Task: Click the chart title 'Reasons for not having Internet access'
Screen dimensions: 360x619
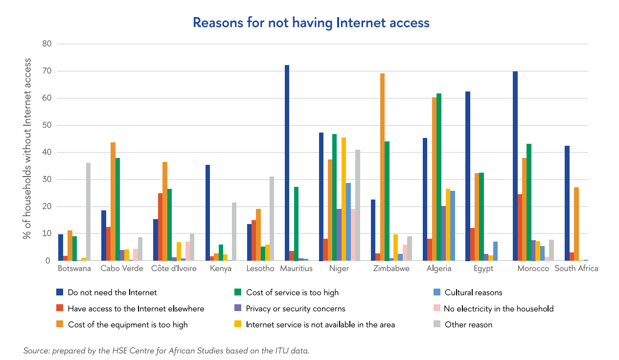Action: click(x=311, y=22)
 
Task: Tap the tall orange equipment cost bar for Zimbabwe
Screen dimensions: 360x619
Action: click(x=382, y=167)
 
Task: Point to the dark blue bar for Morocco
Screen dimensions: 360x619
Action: click(x=515, y=166)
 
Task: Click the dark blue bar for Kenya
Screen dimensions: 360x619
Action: click(x=207, y=213)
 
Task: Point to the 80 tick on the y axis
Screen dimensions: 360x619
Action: click(x=47, y=44)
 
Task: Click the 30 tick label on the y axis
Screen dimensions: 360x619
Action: click(x=47, y=180)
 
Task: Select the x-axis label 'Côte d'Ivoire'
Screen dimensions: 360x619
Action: click(x=174, y=269)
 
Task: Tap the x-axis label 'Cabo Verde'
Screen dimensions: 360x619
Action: click(x=122, y=269)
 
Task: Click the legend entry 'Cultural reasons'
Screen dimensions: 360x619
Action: click(x=473, y=292)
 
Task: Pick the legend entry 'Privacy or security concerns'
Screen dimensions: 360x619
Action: click(x=295, y=309)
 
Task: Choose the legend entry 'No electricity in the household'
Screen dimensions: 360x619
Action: click(x=498, y=309)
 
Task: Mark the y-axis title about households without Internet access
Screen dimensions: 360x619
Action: click(x=28, y=149)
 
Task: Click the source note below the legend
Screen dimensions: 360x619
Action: click(x=166, y=350)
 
